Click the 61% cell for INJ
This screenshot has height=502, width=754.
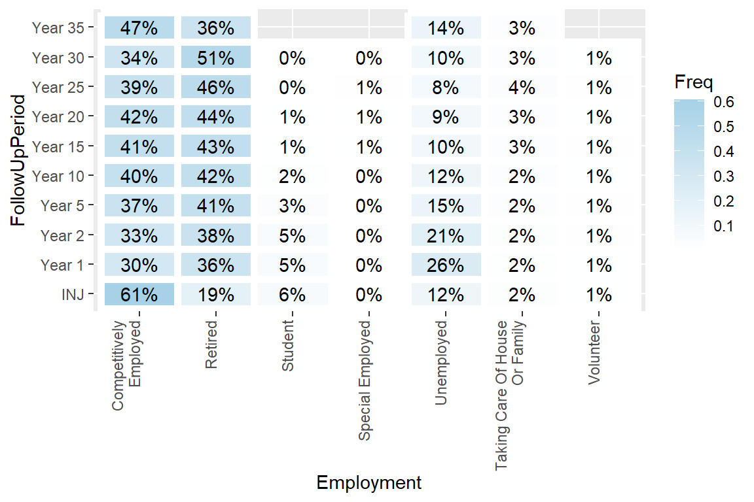coord(139,295)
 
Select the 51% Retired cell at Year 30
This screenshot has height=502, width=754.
coord(216,58)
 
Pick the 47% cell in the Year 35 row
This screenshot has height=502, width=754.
coord(139,28)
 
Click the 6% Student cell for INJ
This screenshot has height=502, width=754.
coord(293,295)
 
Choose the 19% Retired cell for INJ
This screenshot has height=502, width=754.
coord(216,295)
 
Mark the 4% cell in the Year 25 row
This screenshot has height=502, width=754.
coord(522,88)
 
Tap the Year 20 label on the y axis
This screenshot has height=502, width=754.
coord(58,117)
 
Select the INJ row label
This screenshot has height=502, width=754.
coord(73,295)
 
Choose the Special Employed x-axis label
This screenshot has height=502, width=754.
coord(365,380)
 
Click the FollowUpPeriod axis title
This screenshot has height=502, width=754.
coord(20,160)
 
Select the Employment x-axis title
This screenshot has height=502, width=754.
coord(368,483)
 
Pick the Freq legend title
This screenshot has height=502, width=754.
coord(693,82)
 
